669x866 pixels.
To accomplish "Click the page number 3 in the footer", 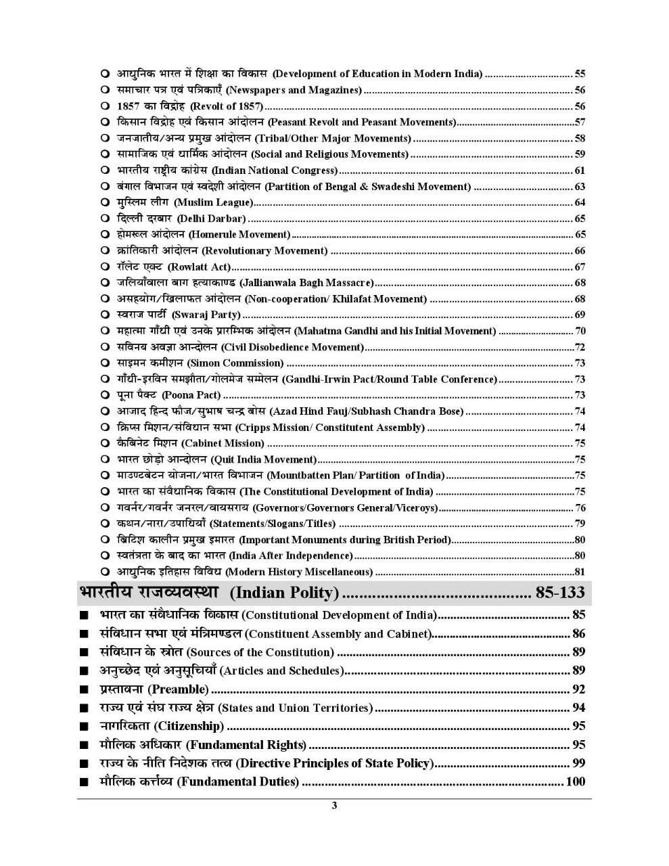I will (x=334, y=805).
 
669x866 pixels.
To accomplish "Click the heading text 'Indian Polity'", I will (x=284, y=593).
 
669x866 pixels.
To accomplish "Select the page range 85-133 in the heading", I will (x=559, y=593).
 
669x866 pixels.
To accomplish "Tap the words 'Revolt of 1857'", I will (x=226, y=106).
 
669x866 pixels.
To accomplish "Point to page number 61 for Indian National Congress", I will (x=580, y=170).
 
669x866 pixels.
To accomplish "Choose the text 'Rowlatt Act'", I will (x=199, y=267).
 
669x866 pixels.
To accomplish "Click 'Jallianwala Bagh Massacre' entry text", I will (x=306, y=283).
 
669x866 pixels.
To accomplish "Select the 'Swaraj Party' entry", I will (x=206, y=315).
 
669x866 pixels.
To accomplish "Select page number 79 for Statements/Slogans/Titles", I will (x=580, y=524).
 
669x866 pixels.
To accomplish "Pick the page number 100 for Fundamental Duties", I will (x=575, y=781).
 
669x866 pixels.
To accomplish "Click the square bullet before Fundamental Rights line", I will (x=83, y=746).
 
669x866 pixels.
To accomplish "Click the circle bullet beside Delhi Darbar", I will (x=105, y=219).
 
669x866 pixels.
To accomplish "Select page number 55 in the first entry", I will (x=580, y=74).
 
